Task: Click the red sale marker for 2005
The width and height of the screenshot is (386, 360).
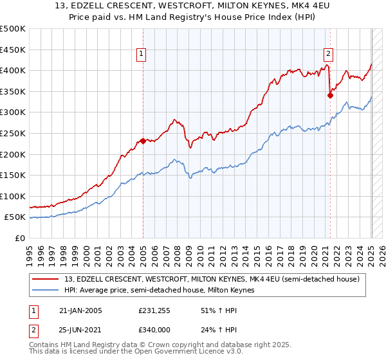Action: coord(143,141)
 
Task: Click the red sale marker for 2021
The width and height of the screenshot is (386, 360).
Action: coord(330,94)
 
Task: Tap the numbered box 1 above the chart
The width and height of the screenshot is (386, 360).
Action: coord(141,55)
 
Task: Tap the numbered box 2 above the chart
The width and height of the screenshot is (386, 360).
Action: coord(328,55)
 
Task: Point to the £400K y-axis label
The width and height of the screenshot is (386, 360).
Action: coord(13,70)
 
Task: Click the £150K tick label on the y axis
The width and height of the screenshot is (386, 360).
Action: coord(13,175)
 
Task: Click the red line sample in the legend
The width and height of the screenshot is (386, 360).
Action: coord(47,279)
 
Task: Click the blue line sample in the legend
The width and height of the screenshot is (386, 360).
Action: coord(47,290)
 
